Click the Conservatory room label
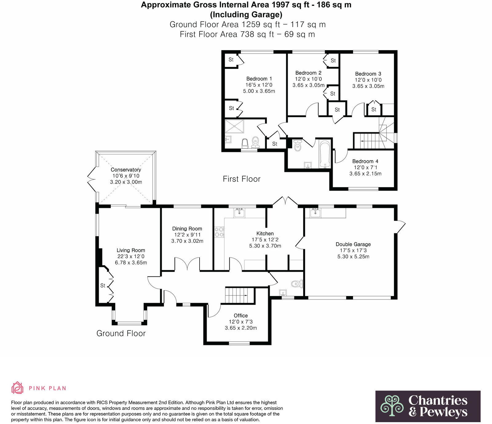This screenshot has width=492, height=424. tap(126, 170)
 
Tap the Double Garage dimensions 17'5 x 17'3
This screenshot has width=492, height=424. tap(353, 250)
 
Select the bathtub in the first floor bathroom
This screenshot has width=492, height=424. tap(325, 154)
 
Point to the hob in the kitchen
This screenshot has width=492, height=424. tap(219, 232)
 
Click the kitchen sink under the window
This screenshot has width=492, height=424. tap(240, 213)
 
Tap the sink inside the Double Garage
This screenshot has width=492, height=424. tap(315, 213)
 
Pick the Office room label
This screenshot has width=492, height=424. tap(240, 315)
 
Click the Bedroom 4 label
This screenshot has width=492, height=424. tap(365, 161)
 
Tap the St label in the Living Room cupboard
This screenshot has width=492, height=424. tap(103, 286)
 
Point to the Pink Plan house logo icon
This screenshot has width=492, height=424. tap(18, 388)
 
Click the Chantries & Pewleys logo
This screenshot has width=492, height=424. tap(428, 406)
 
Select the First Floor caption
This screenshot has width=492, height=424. tap(241, 179)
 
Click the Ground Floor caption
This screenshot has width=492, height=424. tap(121, 333)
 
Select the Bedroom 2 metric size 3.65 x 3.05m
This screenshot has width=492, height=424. tap(308, 85)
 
